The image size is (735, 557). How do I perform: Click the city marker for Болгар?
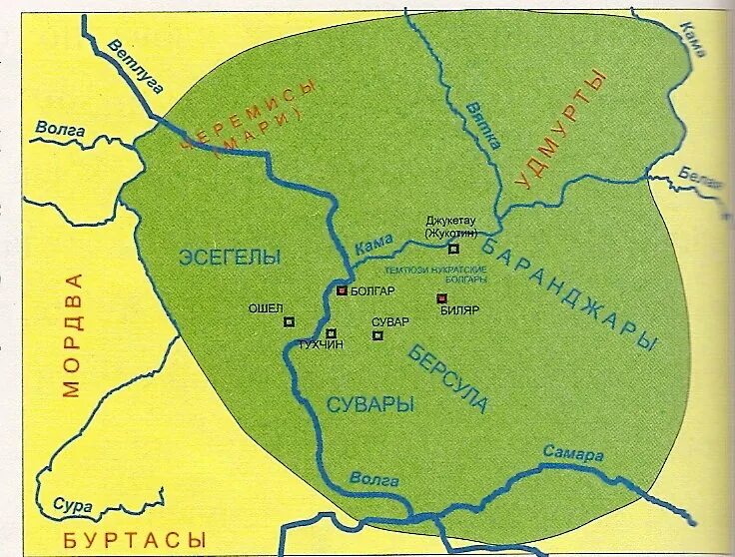342,290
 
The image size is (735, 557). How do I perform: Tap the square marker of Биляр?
441,297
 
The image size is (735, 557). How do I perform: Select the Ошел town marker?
289,321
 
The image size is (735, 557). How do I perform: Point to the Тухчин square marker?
331,333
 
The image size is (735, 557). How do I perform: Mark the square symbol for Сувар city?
377,335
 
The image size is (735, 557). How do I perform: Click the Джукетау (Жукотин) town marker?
453,249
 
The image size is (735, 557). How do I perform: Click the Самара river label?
573,454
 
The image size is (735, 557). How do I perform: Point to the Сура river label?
73,506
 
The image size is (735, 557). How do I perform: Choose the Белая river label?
699,178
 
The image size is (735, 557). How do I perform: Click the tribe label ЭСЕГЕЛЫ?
230,257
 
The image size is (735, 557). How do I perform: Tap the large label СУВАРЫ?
370,404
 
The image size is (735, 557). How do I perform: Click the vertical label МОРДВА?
71,334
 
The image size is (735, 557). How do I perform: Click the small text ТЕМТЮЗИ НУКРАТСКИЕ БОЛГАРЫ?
436,275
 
